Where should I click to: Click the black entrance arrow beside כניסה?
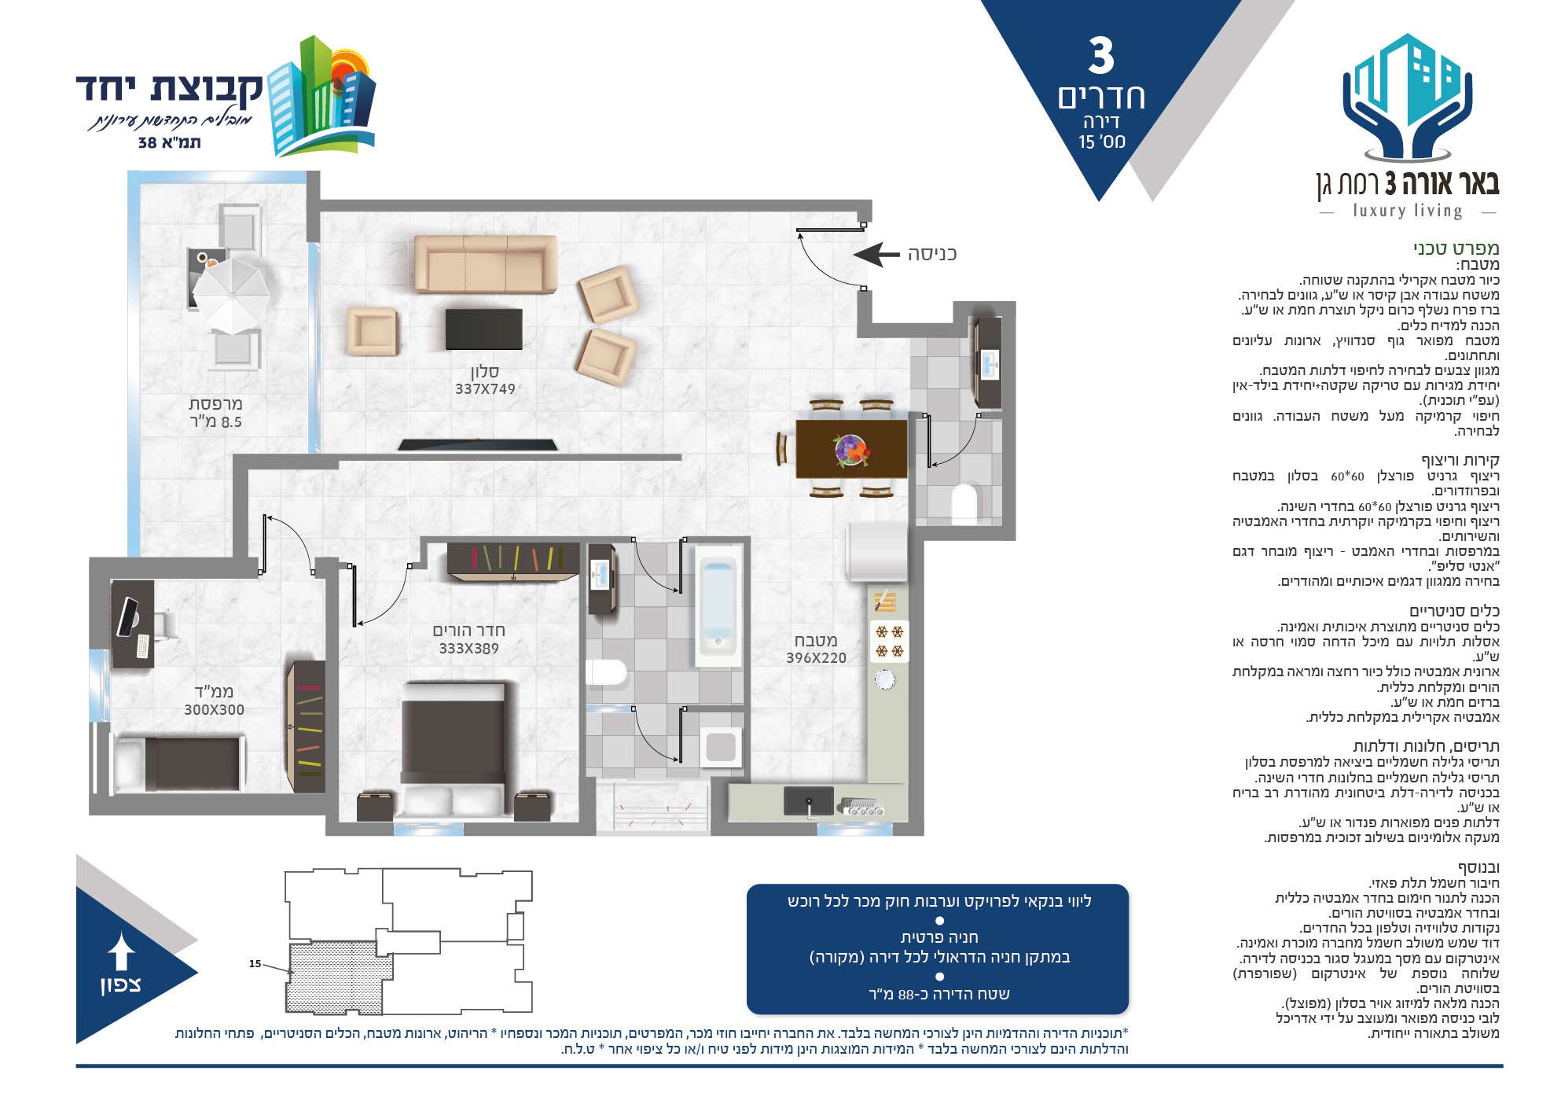click(x=876, y=254)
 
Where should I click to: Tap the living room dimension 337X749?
click(x=485, y=389)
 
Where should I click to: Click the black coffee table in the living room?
click(x=484, y=329)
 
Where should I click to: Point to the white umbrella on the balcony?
click(x=231, y=295)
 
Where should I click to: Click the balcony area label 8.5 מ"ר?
click(x=216, y=422)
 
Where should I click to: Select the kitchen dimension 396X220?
click(x=816, y=658)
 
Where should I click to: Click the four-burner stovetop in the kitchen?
click(x=890, y=641)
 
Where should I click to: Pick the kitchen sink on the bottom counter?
click(x=808, y=801)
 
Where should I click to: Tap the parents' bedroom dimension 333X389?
click(x=468, y=649)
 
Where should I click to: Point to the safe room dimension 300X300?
click(x=214, y=710)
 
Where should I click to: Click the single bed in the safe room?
click(x=177, y=764)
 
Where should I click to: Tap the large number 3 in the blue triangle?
click(x=1102, y=57)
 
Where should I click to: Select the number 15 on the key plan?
click(x=255, y=964)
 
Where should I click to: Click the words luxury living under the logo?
click(x=1408, y=211)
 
